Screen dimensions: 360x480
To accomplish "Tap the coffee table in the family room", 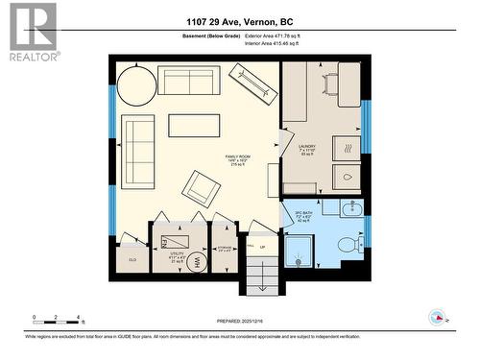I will (194, 126).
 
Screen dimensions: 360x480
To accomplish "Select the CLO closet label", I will (131, 259).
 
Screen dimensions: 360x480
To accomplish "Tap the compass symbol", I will (438, 318).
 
